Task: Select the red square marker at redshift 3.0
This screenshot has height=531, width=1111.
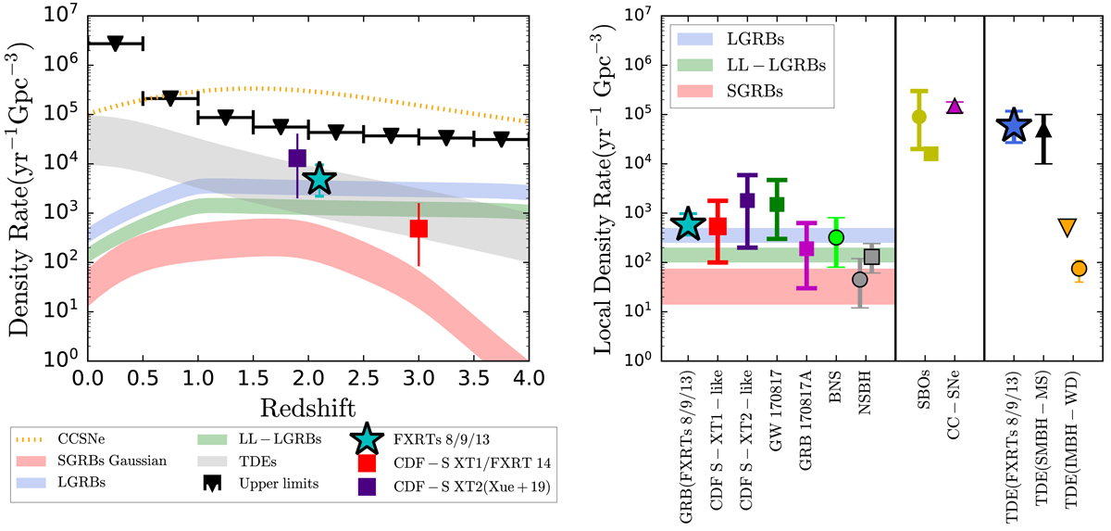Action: pyautogui.click(x=418, y=228)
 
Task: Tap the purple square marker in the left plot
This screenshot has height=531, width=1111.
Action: pyautogui.click(x=297, y=158)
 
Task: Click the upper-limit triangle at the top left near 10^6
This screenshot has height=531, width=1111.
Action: pyautogui.click(x=116, y=44)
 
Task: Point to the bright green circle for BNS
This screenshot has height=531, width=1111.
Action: pyautogui.click(x=836, y=237)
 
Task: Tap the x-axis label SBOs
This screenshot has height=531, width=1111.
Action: pyautogui.click(x=921, y=398)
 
